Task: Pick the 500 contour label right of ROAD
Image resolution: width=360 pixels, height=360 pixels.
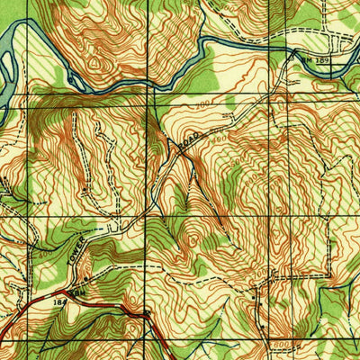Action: coord(236,163)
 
